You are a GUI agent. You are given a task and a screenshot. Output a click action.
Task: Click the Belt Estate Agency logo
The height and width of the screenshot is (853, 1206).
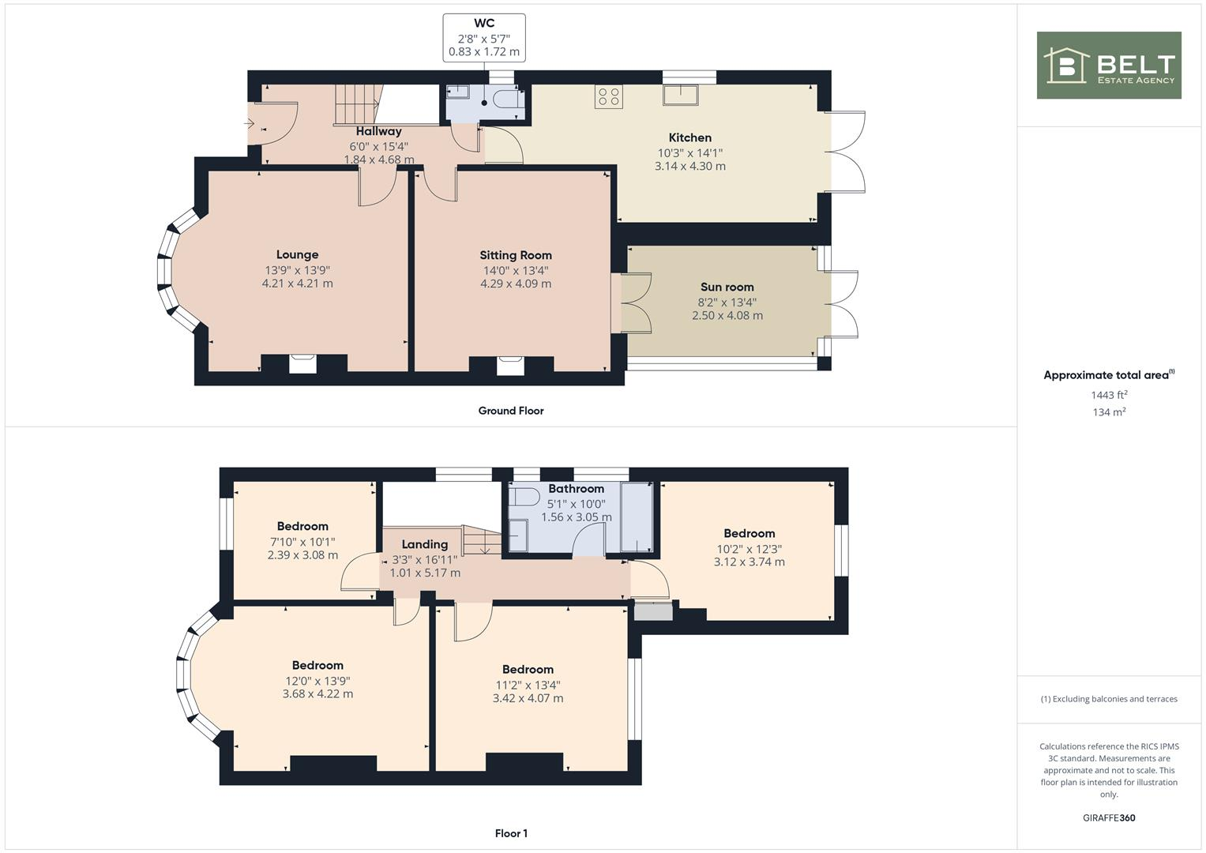pyautogui.click(x=1108, y=65)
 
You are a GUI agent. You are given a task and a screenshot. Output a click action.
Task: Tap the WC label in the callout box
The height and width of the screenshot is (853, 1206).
pyautogui.click(x=484, y=24)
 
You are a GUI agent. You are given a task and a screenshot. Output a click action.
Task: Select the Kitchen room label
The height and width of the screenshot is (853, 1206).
pyautogui.click(x=689, y=138)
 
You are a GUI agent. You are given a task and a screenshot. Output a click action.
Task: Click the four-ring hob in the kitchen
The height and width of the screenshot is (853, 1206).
pyautogui.click(x=609, y=96)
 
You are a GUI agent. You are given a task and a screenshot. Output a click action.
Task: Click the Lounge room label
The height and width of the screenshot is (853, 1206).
pyautogui.click(x=297, y=255)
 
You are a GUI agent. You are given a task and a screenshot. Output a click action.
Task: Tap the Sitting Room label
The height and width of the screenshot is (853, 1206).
pyautogui.click(x=516, y=256)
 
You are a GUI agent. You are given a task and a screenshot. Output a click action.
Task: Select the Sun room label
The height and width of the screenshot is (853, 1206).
pyautogui.click(x=727, y=287)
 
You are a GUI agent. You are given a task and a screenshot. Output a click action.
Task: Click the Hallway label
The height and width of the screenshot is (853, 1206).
pyautogui.click(x=378, y=132)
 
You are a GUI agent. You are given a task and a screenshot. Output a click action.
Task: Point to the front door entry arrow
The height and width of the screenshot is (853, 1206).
pyautogui.click(x=249, y=124)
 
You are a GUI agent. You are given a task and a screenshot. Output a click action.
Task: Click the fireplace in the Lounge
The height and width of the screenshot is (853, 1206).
pyautogui.click(x=302, y=363)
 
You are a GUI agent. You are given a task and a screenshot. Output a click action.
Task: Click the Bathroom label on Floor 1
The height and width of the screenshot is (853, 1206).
pyautogui.click(x=576, y=489)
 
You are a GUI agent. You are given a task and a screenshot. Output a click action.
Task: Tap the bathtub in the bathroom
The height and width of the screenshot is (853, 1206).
pyautogui.click(x=637, y=517)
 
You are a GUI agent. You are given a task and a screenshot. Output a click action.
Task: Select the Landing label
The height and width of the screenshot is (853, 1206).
pyautogui.click(x=424, y=545)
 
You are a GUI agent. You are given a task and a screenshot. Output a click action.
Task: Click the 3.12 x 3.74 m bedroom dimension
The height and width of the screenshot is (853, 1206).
pyautogui.click(x=749, y=562)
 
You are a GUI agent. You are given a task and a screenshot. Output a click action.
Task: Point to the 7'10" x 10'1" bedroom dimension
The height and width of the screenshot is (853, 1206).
pyautogui.click(x=302, y=542)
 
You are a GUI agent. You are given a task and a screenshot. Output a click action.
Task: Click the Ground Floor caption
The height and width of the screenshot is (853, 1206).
pyautogui.click(x=510, y=411)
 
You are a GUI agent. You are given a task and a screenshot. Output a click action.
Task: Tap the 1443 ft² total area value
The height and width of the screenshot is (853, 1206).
pyautogui.click(x=1108, y=395)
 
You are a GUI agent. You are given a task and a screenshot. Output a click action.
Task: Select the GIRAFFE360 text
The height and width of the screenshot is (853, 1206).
pyautogui.click(x=1108, y=818)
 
